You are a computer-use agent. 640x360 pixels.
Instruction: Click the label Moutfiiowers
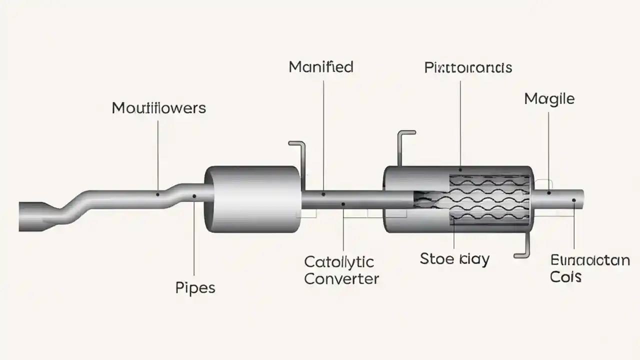coord(158,107)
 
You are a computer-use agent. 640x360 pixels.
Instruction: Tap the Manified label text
coord(321,67)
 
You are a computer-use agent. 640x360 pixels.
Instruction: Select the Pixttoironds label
coord(468,67)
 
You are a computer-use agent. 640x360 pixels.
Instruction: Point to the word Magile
coord(549,98)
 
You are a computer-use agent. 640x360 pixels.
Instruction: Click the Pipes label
coord(195,288)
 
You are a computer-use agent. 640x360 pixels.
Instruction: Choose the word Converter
coord(341,278)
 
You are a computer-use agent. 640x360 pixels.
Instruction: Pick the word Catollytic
coord(339,261)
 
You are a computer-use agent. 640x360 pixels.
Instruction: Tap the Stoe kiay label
coord(454,258)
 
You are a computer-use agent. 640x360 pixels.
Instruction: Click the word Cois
coord(565,276)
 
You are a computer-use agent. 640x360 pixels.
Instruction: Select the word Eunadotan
coord(589,260)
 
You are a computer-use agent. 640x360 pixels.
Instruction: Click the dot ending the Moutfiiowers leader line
coord(158,194)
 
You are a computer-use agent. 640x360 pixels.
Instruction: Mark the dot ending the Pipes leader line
coord(194,196)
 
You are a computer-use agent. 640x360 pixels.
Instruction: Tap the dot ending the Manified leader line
coord(323,194)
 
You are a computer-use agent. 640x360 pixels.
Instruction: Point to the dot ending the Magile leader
coord(549,192)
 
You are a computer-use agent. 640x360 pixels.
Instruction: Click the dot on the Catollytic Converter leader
coord(343,204)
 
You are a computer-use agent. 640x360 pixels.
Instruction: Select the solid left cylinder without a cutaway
coord(252,199)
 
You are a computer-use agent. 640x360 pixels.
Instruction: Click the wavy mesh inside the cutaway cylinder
coord(490,197)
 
